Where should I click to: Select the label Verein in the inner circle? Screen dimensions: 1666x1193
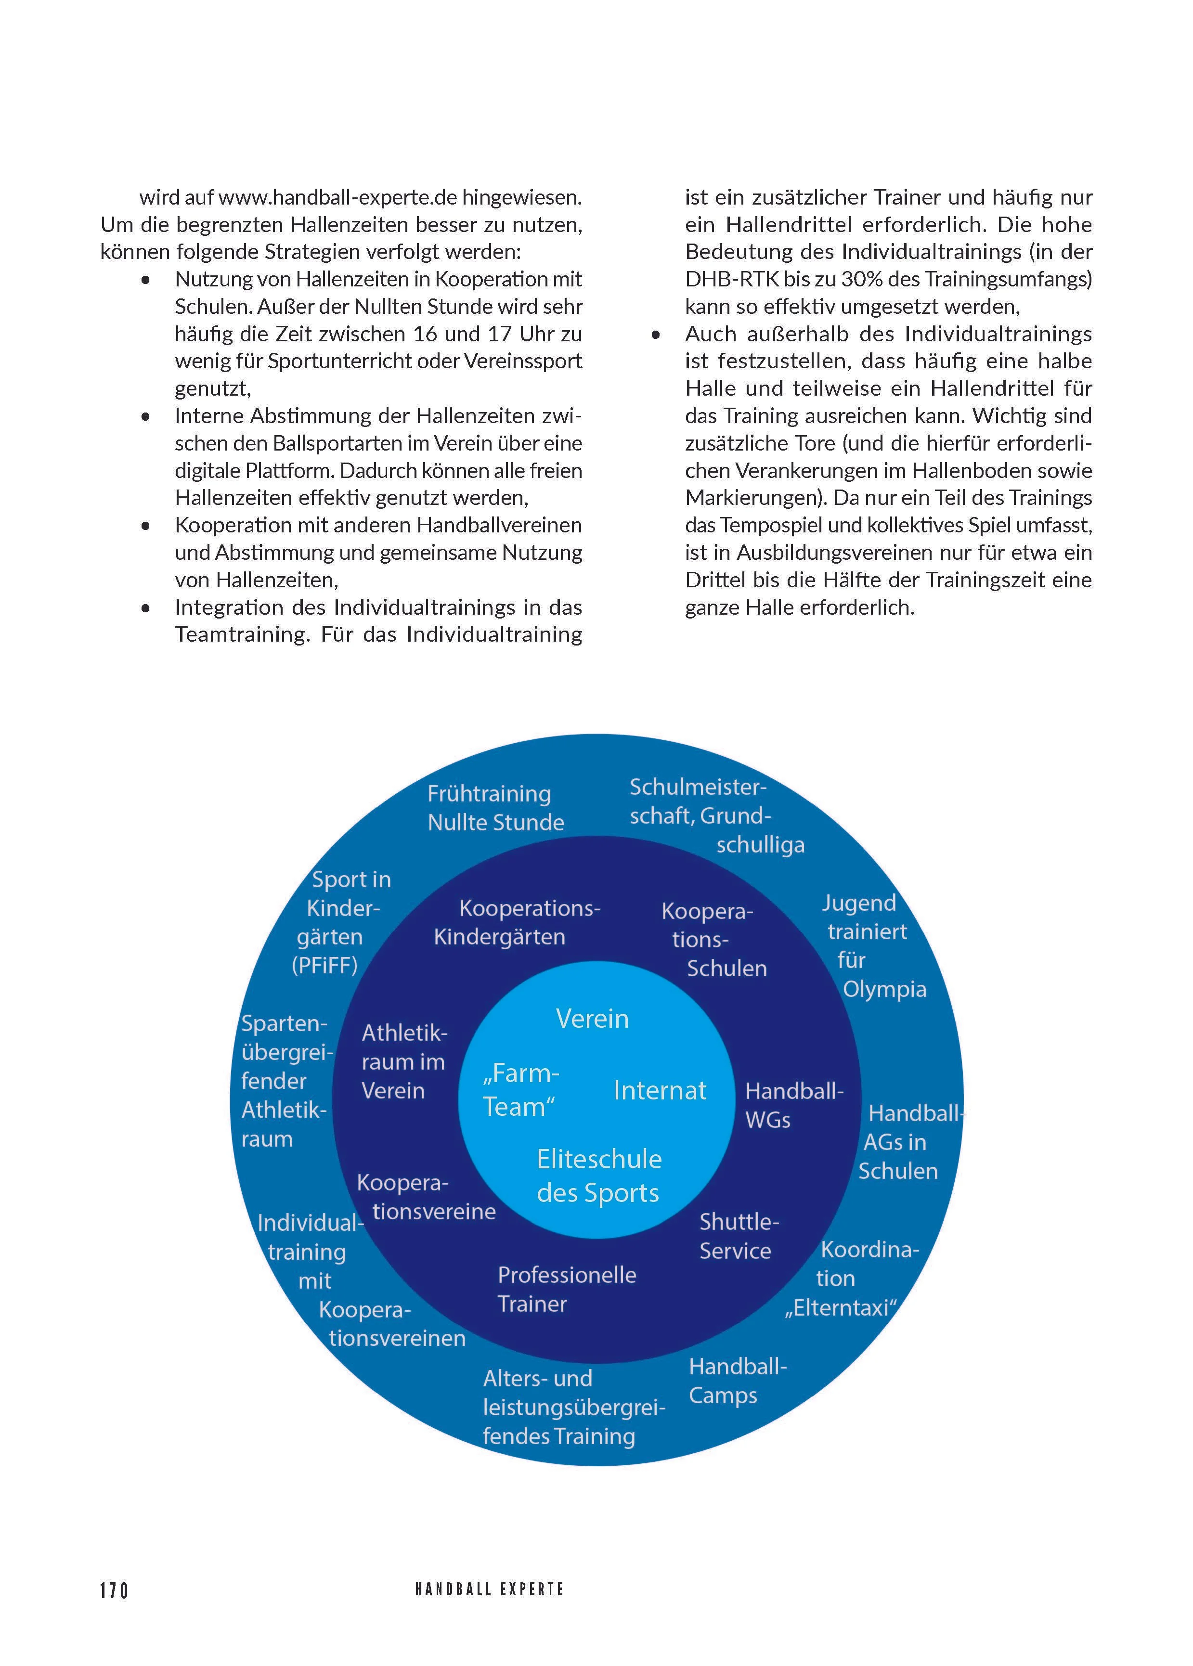pyautogui.click(x=592, y=1019)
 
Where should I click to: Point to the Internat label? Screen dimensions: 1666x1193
pyautogui.click(x=660, y=1091)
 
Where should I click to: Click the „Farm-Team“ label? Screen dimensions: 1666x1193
pyautogui.click(x=520, y=1090)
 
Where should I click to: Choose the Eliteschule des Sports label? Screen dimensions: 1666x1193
pyautogui.click(x=599, y=1175)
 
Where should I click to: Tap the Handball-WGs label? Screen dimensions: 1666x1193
pyautogui.click(x=793, y=1106)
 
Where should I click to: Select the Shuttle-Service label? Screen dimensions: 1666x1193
pyautogui.click(x=738, y=1236)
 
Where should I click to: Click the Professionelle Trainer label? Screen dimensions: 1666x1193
pyautogui.click(x=566, y=1289)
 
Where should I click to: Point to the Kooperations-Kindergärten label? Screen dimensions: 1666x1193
pyautogui.click(x=517, y=923)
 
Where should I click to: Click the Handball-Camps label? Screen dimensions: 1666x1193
pyautogui.click(x=737, y=1381)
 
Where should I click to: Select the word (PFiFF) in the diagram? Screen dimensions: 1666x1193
pyautogui.click(x=324, y=965)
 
